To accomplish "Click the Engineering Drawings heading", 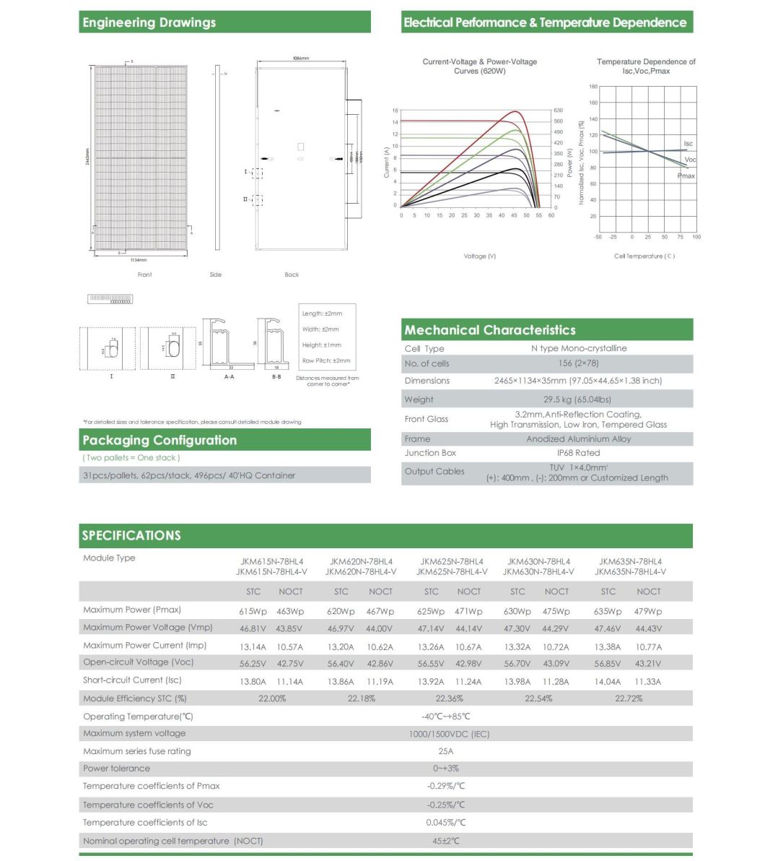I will pyautogui.click(x=149, y=22).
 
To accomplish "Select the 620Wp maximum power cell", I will pyautogui.click(x=341, y=611).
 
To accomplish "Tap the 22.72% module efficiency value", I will pyautogui.click(x=629, y=698).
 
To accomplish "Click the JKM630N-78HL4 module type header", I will pyautogui.click(x=538, y=561).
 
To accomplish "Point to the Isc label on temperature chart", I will pyautogui.click(x=688, y=144).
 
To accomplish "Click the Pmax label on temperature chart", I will pyautogui.click(x=686, y=176).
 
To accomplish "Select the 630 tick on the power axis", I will pyautogui.click(x=558, y=111).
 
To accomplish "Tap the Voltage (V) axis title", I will pyautogui.click(x=479, y=256).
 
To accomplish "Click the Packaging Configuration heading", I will pyautogui.click(x=159, y=440).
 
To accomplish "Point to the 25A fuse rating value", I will pyautogui.click(x=446, y=751).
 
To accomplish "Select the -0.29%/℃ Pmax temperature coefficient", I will pyautogui.click(x=446, y=786).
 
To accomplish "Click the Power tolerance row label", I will pyautogui.click(x=117, y=769).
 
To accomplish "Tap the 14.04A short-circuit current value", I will pyautogui.click(x=608, y=681).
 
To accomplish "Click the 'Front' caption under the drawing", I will pyautogui.click(x=144, y=274).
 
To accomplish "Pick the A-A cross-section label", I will pyautogui.click(x=229, y=377).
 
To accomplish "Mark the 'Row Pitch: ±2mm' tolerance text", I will pyautogui.click(x=326, y=360).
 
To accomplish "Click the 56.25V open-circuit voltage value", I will pyautogui.click(x=253, y=664).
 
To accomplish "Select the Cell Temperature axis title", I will pyautogui.click(x=644, y=256).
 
